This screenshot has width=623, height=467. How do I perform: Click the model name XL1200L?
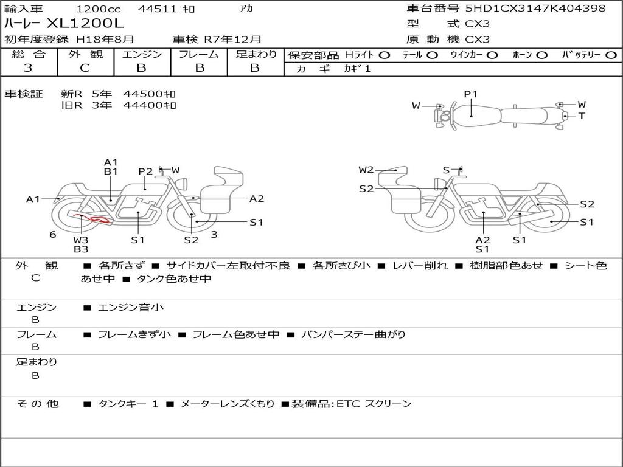coord(85,24)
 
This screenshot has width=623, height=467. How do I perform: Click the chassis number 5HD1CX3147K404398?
coord(535,8)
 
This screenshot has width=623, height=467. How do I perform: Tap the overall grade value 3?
coord(28,68)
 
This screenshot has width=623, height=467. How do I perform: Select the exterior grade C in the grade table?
coord(85,68)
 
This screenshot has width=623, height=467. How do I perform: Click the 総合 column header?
coord(29,54)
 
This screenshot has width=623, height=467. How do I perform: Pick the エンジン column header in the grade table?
coord(142,54)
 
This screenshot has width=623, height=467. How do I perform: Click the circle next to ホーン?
coord(541,55)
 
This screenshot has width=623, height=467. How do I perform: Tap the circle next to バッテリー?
coord(611,55)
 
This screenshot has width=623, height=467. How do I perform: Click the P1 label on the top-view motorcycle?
coord(470,94)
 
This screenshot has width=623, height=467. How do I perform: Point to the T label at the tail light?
coord(582,116)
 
